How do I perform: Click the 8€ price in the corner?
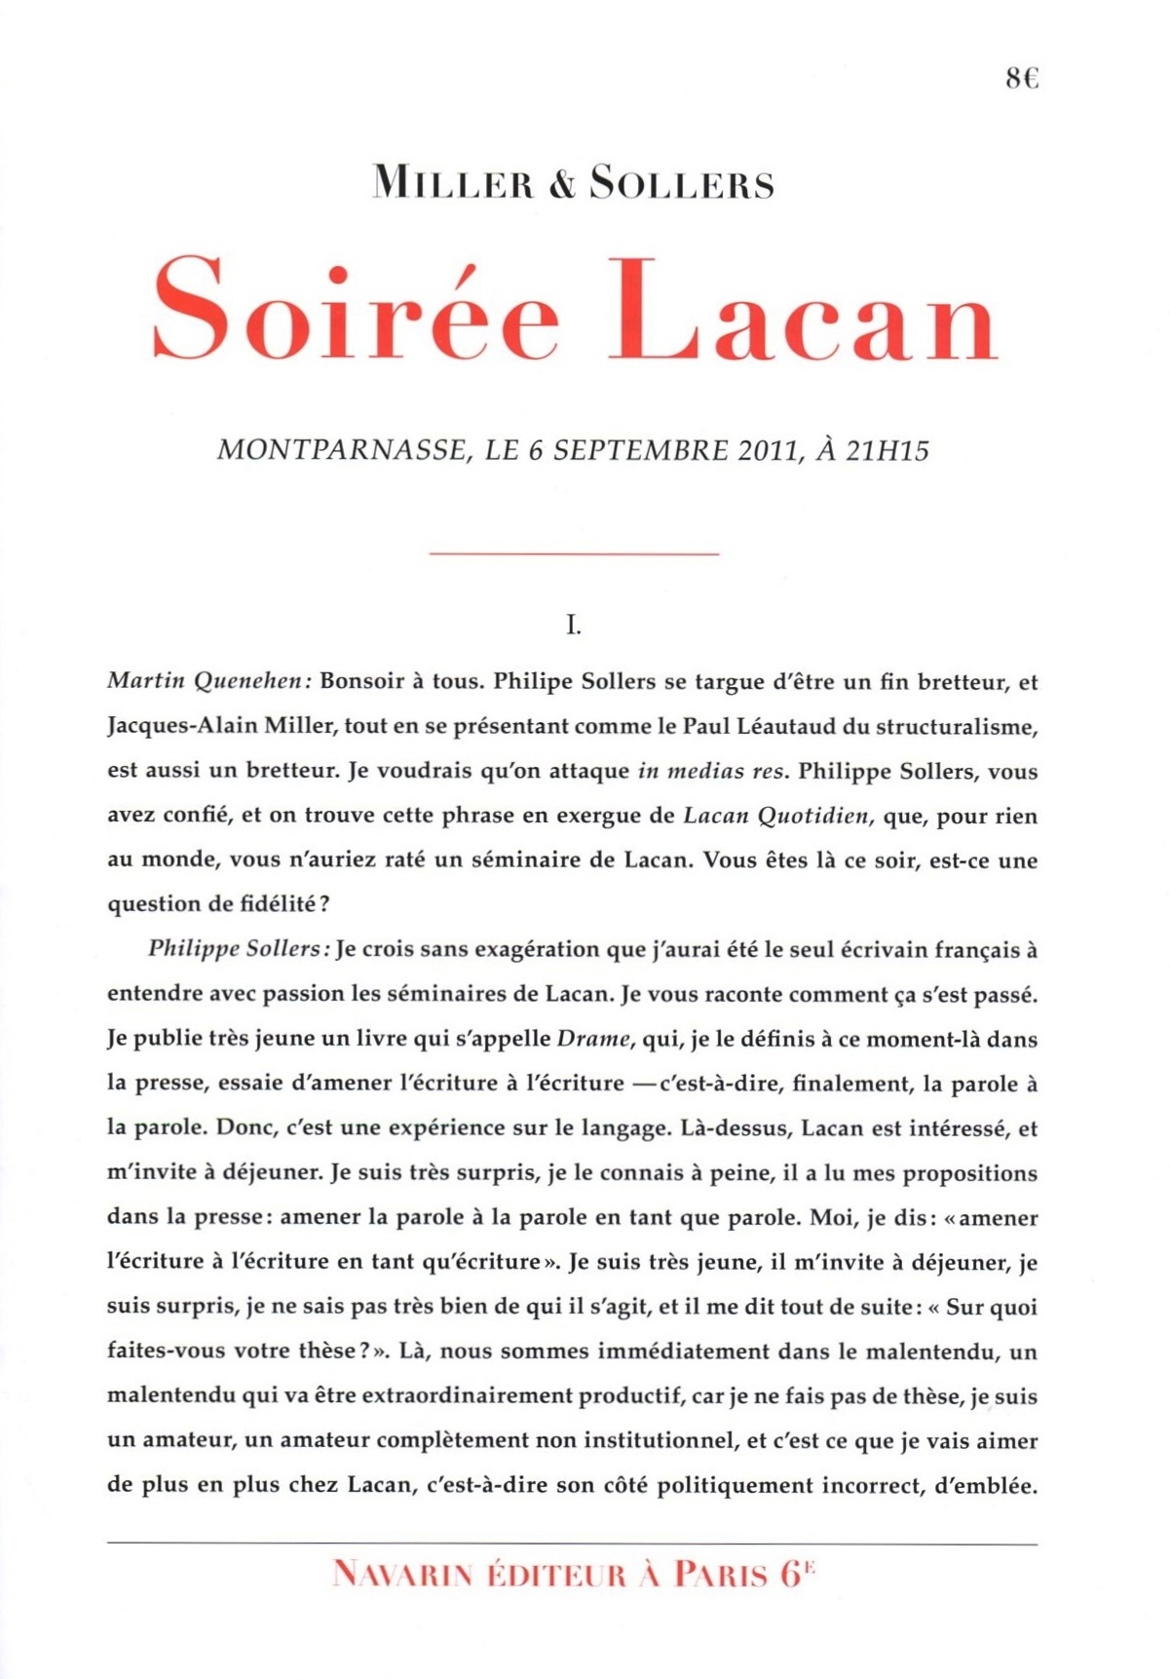(1022, 78)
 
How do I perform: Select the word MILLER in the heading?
(453, 184)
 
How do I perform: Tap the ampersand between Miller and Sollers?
(562, 184)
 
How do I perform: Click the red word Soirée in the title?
(357, 310)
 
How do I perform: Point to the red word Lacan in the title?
(803, 310)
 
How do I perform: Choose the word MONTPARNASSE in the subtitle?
(341, 450)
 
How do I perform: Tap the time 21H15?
(887, 450)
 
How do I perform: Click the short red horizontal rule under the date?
(574, 553)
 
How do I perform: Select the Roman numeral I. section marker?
(574, 625)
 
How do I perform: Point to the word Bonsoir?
(361, 681)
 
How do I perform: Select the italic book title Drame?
(593, 1039)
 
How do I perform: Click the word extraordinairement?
(469, 1396)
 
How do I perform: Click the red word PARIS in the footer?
(721, 1575)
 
